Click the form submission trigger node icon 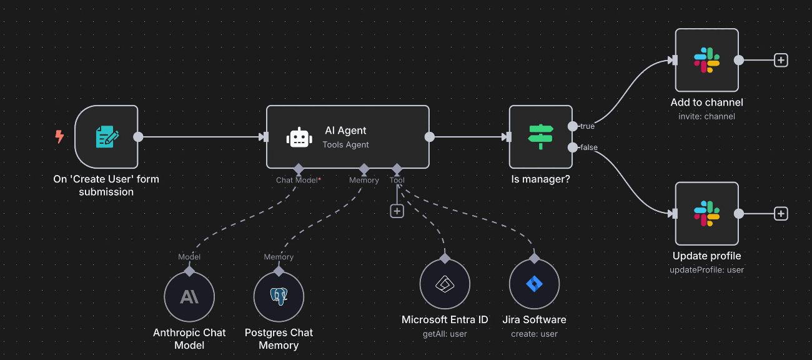[106, 137]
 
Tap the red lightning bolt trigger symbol [59, 137]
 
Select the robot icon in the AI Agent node [299, 137]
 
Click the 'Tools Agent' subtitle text [345, 145]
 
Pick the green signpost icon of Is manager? [540, 137]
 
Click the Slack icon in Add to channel [706, 60]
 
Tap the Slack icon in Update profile [706, 214]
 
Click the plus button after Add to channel [781, 60]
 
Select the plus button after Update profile [781, 214]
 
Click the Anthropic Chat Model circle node [189, 297]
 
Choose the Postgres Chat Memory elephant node [279, 297]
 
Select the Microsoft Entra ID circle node [444, 284]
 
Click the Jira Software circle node [534, 284]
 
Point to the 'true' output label [587, 126]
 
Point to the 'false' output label [588, 147]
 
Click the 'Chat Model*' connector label [299, 180]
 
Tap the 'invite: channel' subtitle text [706, 116]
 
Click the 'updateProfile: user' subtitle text [706, 270]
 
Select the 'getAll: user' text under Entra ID [445, 334]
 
